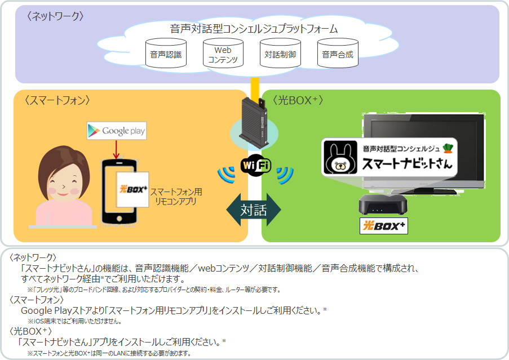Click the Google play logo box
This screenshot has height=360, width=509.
click(x=116, y=131)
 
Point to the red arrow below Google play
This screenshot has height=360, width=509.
click(x=116, y=149)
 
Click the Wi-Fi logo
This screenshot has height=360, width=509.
click(x=255, y=165)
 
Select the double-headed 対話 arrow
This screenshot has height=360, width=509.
click(x=254, y=210)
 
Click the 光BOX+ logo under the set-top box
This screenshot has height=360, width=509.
click(x=383, y=226)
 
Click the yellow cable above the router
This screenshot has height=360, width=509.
click(x=255, y=87)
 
